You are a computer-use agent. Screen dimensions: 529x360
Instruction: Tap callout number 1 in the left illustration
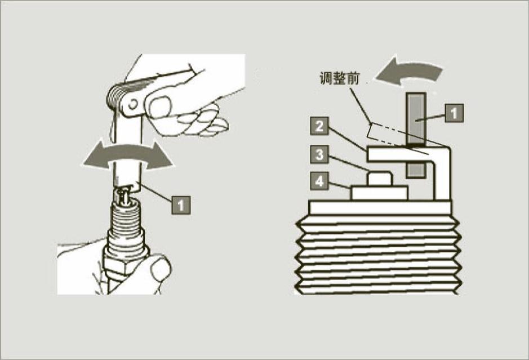pos(180,204)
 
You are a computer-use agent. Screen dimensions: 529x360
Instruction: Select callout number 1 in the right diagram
pos(454,114)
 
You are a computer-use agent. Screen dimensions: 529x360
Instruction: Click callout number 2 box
pos(319,127)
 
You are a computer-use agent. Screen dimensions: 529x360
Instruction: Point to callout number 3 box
pos(319,154)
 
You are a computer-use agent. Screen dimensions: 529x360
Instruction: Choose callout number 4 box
pos(319,181)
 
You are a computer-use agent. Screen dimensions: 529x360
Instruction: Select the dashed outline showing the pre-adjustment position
pos(389,131)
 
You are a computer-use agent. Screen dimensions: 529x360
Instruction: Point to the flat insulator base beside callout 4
pos(380,193)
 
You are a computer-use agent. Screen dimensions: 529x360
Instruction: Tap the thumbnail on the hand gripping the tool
pos(160,105)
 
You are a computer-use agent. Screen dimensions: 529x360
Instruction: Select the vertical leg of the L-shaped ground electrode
pos(443,177)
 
